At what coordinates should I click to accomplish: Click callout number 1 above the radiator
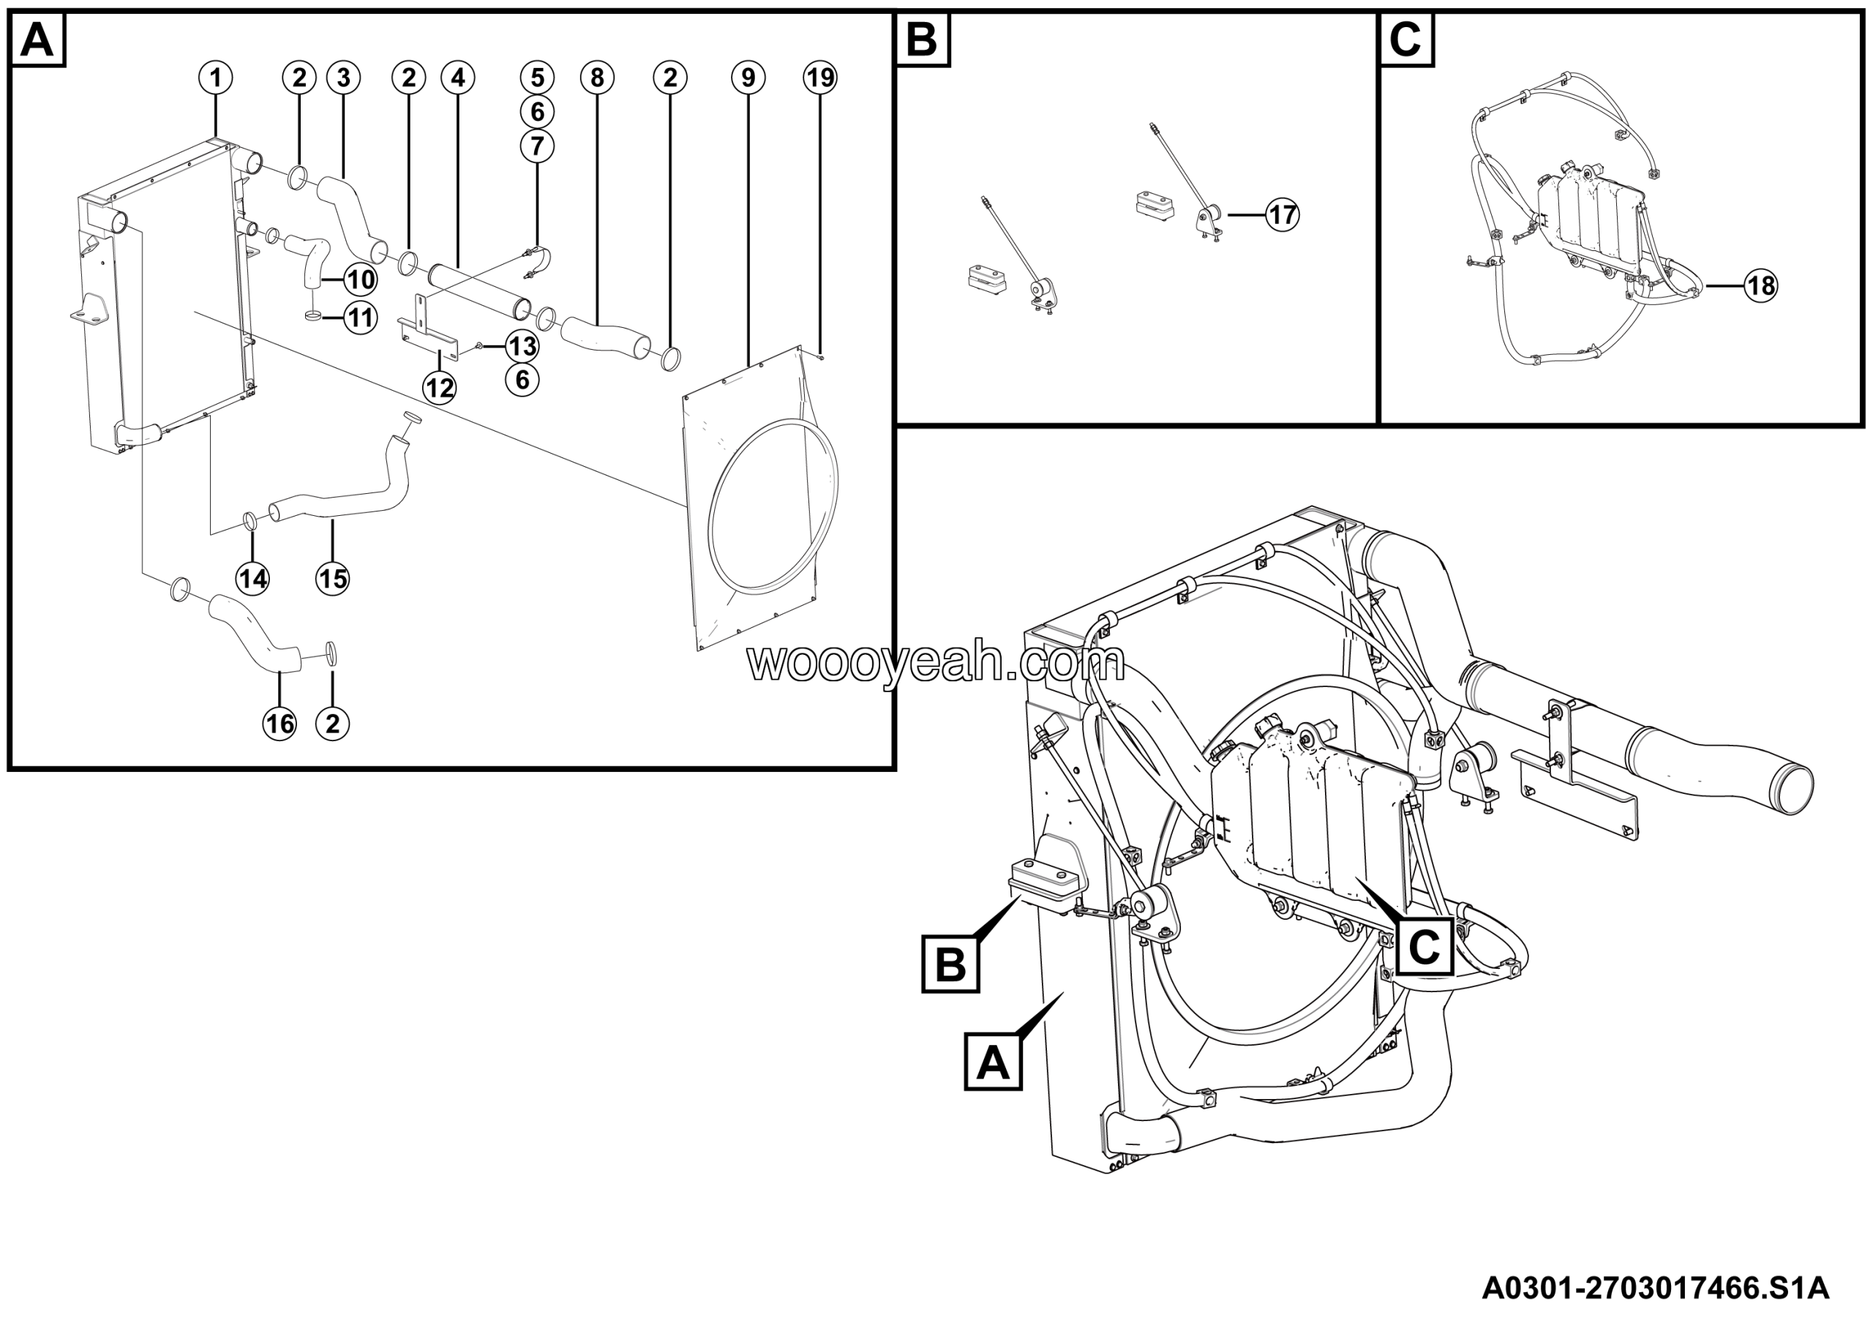pos(215,78)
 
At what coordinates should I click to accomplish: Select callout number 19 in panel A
pos(820,78)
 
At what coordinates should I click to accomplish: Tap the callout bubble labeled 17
pos(1283,214)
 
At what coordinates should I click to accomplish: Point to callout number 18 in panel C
pos(1760,285)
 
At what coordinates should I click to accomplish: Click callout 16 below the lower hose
pos(279,724)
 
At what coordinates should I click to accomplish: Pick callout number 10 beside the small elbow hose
pos(360,280)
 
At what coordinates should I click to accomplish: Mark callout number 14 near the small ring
pos(252,578)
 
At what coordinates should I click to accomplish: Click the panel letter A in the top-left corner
pos(37,40)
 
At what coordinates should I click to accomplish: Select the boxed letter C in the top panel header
pos(1405,40)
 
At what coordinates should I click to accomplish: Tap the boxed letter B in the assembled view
pos(950,965)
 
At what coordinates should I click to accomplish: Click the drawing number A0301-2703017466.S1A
pos(1655,1289)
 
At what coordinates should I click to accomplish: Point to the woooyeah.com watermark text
pos(936,662)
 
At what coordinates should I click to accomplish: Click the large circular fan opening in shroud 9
pos(773,506)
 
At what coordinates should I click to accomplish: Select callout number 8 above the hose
pos(597,78)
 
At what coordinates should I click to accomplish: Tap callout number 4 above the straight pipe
pos(458,78)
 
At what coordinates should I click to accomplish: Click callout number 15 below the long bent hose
pos(332,578)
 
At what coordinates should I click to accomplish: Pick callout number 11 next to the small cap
pos(360,318)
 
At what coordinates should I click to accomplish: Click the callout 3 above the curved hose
pos(343,78)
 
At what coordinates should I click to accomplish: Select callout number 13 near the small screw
pos(522,346)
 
